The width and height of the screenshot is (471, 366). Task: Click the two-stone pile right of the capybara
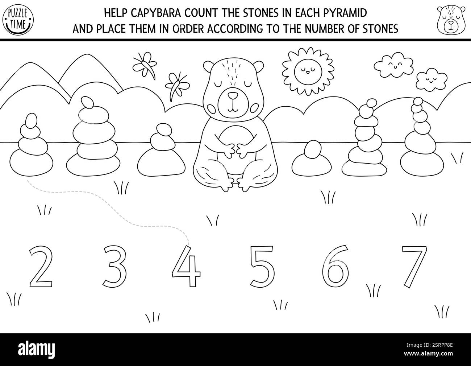(x=312, y=160)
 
